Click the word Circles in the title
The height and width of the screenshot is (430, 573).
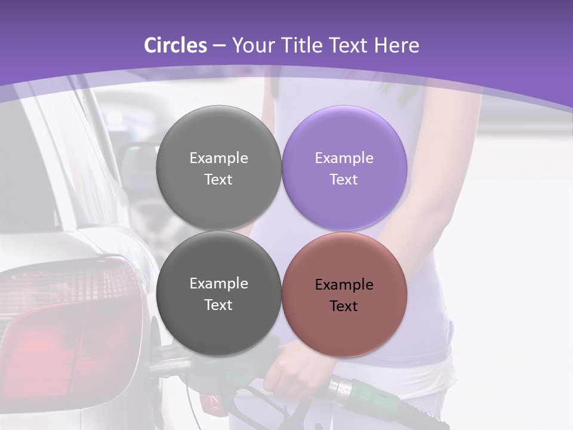coord(175,45)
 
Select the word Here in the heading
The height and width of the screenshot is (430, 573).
coord(396,45)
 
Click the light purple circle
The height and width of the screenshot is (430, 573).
coord(344,168)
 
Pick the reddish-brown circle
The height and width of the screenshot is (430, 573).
coord(344,294)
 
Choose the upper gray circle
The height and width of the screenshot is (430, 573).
coord(218,168)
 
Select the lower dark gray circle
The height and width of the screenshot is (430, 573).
coord(218,293)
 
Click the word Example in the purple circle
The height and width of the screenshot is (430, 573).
coord(344,158)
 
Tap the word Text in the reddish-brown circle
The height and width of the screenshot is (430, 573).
coord(344,306)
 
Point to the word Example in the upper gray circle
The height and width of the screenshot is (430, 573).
coord(218,158)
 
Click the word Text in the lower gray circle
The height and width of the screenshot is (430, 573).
coord(218,305)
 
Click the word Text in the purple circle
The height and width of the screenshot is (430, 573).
coord(344,180)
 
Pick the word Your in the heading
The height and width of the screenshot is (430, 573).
coord(251,45)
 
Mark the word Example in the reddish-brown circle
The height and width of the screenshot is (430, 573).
coord(344,285)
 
